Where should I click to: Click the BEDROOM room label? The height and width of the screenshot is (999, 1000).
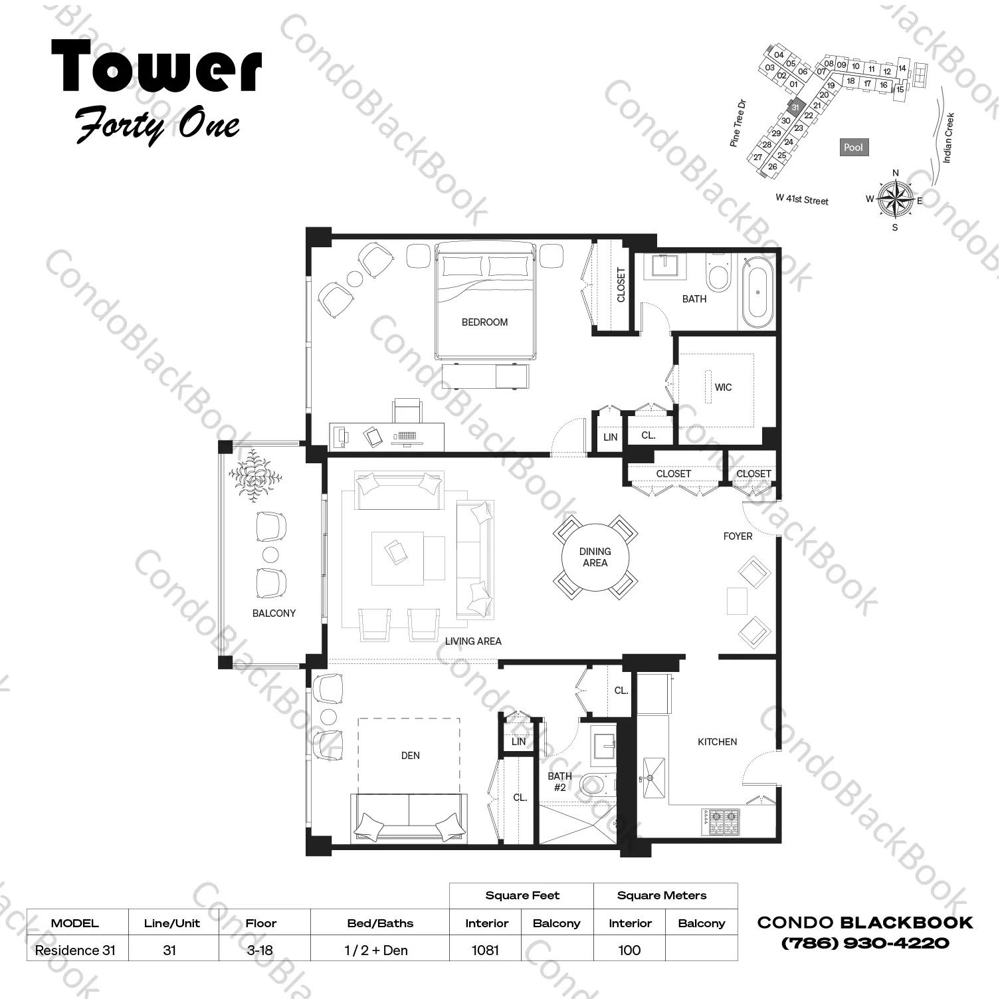click(484, 322)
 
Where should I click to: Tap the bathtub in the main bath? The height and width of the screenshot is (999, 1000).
click(757, 292)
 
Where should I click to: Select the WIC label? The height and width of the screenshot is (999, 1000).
click(723, 388)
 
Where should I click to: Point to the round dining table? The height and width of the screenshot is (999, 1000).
click(595, 557)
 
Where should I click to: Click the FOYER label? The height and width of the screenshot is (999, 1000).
click(738, 536)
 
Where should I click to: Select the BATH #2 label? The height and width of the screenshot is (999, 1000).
click(559, 782)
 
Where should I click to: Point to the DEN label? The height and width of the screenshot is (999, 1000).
click(410, 756)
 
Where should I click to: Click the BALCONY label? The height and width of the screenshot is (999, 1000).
click(274, 613)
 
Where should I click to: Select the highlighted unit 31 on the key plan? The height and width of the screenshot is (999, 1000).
click(795, 107)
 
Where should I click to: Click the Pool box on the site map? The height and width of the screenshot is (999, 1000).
click(853, 148)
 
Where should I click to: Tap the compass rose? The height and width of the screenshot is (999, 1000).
click(894, 198)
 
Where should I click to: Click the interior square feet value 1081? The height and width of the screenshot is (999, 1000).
click(485, 950)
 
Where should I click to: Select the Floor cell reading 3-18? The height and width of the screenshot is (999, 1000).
click(260, 950)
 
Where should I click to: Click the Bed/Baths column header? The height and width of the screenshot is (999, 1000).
click(380, 923)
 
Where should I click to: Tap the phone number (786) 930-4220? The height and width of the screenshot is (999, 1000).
click(864, 943)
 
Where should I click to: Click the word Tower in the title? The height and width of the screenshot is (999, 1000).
click(157, 67)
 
